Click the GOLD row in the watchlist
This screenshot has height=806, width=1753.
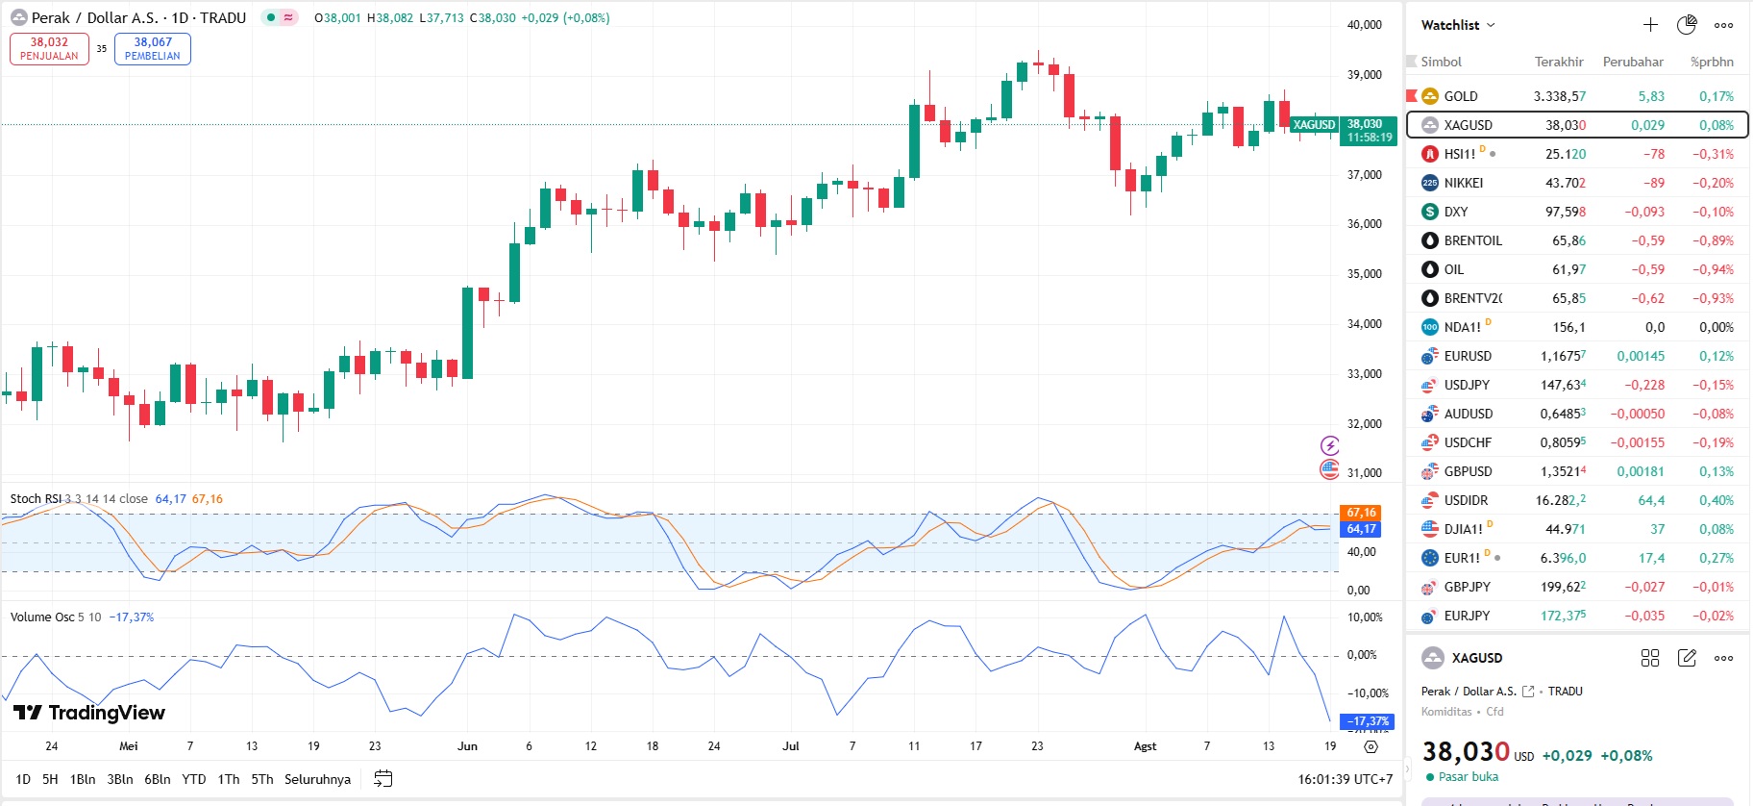(x=1576, y=96)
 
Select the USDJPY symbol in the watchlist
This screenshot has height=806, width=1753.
(x=1467, y=385)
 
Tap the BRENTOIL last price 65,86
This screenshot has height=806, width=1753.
(x=1568, y=240)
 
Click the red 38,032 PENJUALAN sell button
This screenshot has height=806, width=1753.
(x=49, y=48)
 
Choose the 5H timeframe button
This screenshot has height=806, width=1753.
(x=50, y=779)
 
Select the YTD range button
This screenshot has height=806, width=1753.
(x=194, y=779)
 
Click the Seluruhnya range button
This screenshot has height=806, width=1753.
(x=317, y=779)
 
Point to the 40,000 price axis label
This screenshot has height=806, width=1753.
(x=1364, y=25)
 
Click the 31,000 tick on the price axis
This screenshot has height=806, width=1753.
(x=1364, y=473)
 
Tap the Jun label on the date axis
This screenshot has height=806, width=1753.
(x=467, y=746)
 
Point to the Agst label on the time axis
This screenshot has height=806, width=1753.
(x=1145, y=746)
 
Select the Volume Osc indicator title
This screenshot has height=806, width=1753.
(x=42, y=617)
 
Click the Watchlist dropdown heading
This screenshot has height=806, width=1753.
(x=1457, y=25)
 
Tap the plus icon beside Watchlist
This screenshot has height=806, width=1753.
(x=1650, y=25)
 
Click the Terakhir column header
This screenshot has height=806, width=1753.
(x=1558, y=62)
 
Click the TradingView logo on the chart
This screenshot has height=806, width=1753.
(x=89, y=713)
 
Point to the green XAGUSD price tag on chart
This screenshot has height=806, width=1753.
(x=1314, y=125)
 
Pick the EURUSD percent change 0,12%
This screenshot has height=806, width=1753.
(x=1716, y=356)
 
